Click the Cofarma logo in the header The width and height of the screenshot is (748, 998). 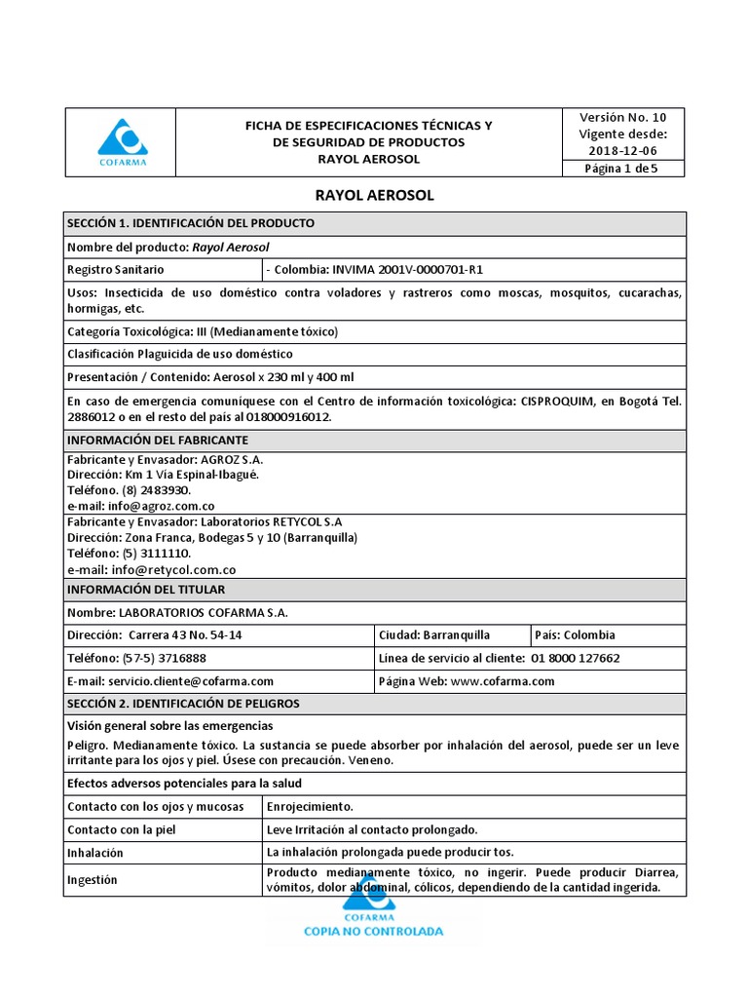(123, 141)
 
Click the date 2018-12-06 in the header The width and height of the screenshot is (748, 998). (623, 150)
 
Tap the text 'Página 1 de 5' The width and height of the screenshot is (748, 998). (621, 168)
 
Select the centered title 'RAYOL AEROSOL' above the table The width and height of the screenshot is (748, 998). (375, 195)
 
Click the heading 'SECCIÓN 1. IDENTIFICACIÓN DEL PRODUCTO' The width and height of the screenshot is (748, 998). (191, 223)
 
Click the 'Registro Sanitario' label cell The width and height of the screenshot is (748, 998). (116, 269)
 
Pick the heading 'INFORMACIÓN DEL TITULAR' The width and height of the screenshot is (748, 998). (146, 590)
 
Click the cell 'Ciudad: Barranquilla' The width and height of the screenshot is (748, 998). (434, 634)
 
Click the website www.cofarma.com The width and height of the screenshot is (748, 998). (503, 681)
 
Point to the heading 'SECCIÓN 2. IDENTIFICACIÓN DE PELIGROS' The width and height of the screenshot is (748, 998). (184, 703)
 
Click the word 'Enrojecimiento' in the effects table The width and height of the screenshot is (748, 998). (310, 807)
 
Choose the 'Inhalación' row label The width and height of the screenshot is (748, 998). (95, 853)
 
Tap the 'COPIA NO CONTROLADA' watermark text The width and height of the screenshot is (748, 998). (374, 931)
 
